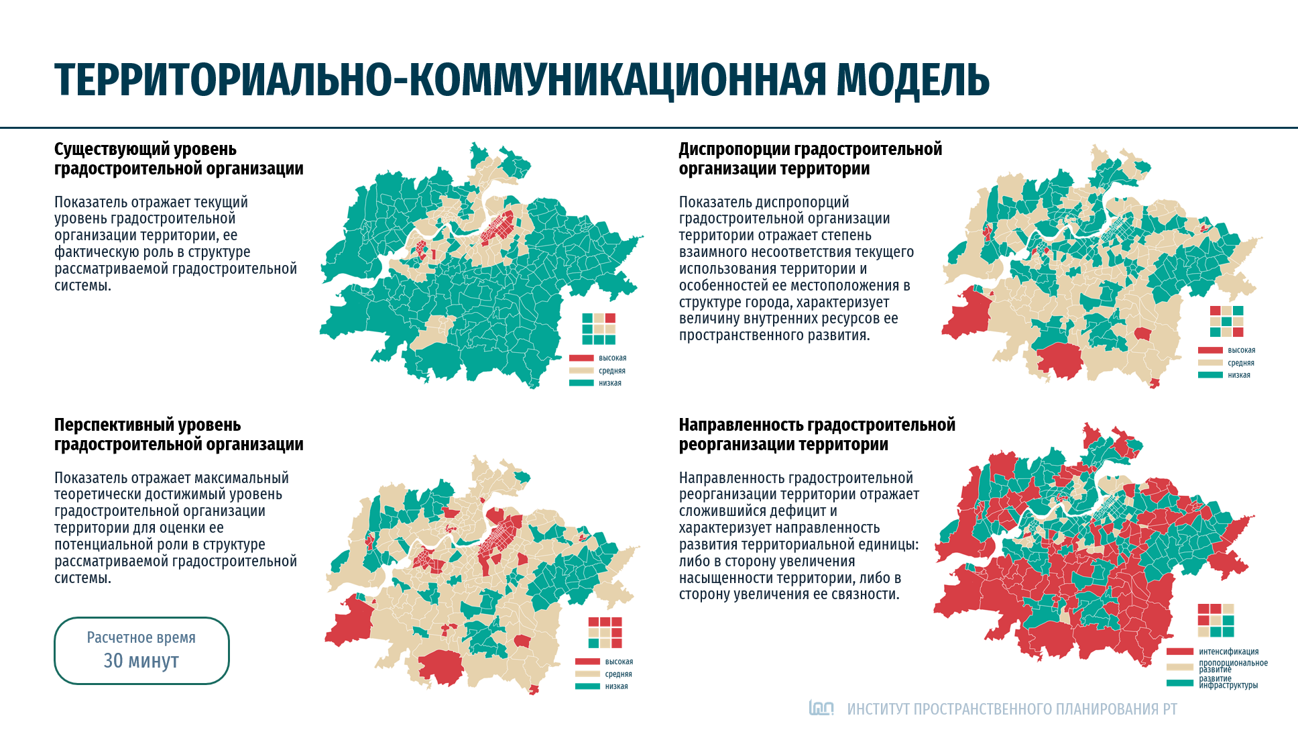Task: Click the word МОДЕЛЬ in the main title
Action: click(x=912, y=80)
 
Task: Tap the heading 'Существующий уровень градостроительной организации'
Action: click(x=178, y=159)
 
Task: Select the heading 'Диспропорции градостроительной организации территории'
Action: click(x=810, y=159)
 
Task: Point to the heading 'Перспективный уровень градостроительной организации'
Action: click(x=178, y=435)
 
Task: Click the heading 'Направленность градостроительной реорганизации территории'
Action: click(x=817, y=435)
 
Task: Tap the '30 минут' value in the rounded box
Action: click(x=141, y=661)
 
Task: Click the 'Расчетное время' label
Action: click(x=141, y=637)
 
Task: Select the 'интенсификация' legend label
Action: click(x=1228, y=651)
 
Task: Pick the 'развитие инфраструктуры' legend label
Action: click(x=1228, y=682)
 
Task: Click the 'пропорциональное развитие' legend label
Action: click(x=1233, y=666)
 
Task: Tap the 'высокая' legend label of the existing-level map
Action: click(x=612, y=358)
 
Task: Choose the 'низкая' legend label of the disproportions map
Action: click(x=1239, y=375)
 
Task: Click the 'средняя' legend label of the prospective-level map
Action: click(x=618, y=674)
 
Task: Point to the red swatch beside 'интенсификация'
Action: click(x=1179, y=651)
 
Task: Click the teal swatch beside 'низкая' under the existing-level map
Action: click(x=581, y=383)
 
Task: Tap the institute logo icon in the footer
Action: click(x=821, y=708)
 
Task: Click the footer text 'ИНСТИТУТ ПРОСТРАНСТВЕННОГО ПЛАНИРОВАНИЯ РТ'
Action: click(x=1012, y=709)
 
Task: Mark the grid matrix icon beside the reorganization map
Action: click(x=1216, y=620)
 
